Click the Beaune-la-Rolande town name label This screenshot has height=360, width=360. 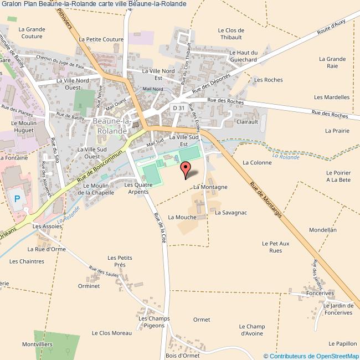click(x=112, y=126)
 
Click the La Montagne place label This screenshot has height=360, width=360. click(x=210, y=187)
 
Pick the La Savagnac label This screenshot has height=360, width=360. click(x=230, y=212)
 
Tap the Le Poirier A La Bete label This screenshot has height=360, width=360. click(x=338, y=176)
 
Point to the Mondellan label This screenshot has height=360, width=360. click(x=322, y=229)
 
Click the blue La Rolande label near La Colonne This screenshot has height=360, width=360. click(x=287, y=157)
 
